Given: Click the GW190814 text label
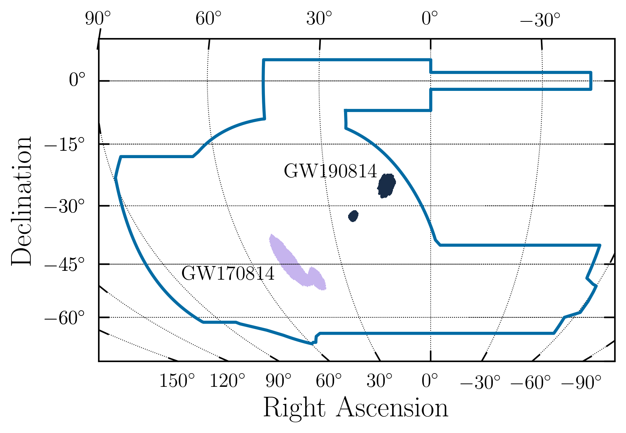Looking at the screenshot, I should pos(330,171).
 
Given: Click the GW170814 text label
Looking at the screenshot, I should pos(228,274).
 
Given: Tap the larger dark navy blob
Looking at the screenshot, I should pos(386,186).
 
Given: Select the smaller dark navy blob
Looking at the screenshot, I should pos(353,216).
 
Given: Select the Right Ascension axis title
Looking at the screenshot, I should pos(356,408).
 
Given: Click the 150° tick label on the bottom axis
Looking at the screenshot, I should pos(177,381).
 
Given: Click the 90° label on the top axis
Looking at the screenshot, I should pos(98,19).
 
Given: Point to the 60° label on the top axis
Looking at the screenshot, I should pos(209,19).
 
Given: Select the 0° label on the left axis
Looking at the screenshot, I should pos(77,81).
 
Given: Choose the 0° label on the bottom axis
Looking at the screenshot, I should pos(430,381).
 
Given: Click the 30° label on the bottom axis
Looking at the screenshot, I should pos(379,381).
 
